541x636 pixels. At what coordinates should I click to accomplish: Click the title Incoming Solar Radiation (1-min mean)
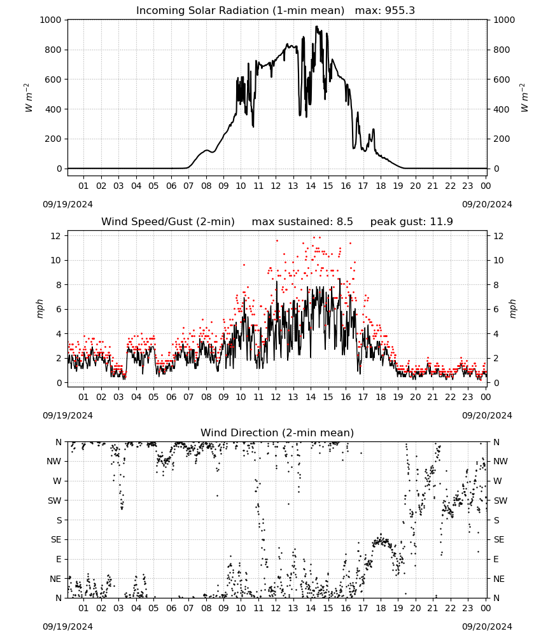240,11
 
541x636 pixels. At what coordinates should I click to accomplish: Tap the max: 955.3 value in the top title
385,11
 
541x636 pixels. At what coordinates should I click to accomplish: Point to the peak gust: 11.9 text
412,222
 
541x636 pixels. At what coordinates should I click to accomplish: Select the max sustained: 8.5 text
302,222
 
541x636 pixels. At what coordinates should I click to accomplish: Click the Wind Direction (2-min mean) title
278,432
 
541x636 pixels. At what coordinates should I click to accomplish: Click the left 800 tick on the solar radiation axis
53,50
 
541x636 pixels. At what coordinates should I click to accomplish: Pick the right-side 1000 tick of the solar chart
504,20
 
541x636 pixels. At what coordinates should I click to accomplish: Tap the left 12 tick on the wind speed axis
56,236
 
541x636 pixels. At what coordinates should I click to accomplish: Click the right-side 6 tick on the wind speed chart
496,310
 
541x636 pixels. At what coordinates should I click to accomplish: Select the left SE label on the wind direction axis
56,540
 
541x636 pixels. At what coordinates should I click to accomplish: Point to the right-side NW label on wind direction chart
500,462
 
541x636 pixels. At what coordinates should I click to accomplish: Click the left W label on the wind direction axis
57,481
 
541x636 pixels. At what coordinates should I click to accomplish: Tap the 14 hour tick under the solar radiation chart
311,186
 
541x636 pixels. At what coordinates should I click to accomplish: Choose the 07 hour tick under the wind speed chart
188,397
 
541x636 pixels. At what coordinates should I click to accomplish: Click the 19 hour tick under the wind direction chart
398,609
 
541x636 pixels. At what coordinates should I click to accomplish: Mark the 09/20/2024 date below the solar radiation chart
487,204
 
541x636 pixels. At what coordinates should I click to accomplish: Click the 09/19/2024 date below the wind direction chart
67,626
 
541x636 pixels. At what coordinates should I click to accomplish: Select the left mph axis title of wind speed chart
39,309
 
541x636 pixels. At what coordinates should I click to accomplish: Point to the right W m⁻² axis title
524,98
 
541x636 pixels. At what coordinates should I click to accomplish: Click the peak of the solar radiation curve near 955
316,26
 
